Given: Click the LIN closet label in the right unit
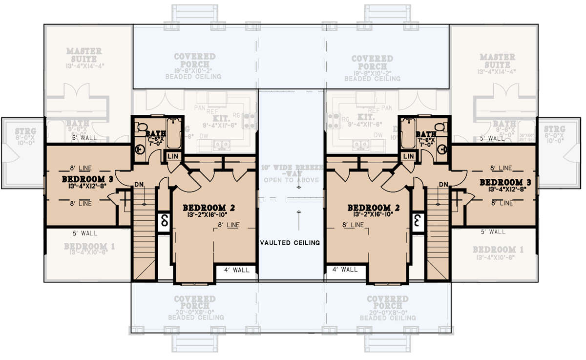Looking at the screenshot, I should click(409, 156).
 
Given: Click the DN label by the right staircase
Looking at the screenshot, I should click(443, 184).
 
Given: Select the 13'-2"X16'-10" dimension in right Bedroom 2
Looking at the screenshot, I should click(374, 214).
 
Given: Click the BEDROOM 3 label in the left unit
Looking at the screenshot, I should click(88, 179).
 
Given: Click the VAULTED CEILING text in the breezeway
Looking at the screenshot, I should click(290, 242).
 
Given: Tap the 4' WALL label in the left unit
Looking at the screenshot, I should click(237, 270).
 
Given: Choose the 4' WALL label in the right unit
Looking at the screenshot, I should click(345, 270).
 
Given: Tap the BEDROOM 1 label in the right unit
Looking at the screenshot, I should click(498, 250).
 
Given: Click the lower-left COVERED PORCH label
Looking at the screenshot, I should click(195, 302).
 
